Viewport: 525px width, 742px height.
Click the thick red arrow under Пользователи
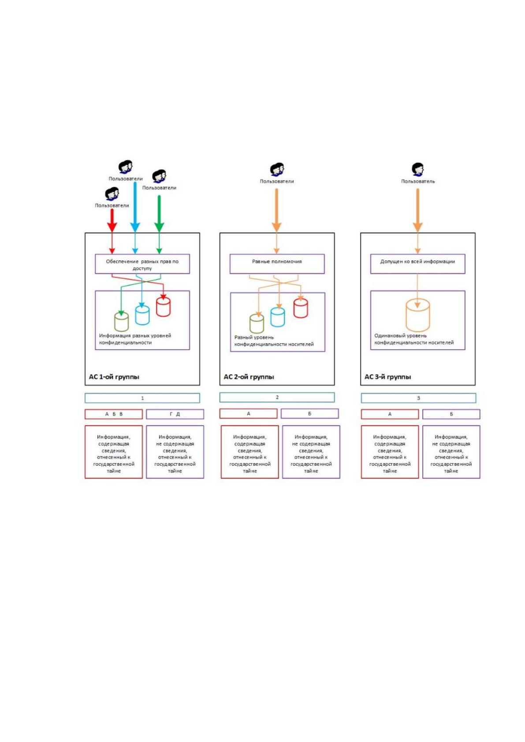pyautogui.click(x=112, y=221)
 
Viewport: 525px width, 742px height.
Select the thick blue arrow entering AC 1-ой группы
pyautogui.click(x=135, y=207)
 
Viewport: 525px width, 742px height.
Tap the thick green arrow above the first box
pyautogui.click(x=160, y=214)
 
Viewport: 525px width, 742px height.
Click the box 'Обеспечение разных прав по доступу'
pyautogui.click(x=142, y=264)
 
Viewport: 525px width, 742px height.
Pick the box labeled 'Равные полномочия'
pyautogui.click(x=277, y=264)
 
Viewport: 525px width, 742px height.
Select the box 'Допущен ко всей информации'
pyautogui.click(x=417, y=264)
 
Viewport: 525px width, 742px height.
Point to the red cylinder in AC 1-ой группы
pyautogui.click(x=164, y=307)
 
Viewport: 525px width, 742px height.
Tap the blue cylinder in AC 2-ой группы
pyautogui.click(x=277, y=317)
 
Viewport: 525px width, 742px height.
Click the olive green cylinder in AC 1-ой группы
pyautogui.click(x=121, y=322)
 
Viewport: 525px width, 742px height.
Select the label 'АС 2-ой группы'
pyautogui.click(x=249, y=377)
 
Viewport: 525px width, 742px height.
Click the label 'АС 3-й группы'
pyautogui.click(x=388, y=377)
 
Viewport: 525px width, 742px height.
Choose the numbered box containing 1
pyautogui.click(x=142, y=398)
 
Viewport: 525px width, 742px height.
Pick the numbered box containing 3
pyautogui.click(x=418, y=398)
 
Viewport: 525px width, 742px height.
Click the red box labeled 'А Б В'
pyautogui.click(x=114, y=414)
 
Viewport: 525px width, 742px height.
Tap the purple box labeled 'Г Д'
pyautogui.click(x=175, y=414)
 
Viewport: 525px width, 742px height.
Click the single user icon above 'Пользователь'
pyautogui.click(x=418, y=170)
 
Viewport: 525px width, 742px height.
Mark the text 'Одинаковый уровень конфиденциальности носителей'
pyautogui.click(x=414, y=339)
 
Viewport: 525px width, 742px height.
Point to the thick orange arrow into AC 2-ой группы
pyautogui.click(x=277, y=211)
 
